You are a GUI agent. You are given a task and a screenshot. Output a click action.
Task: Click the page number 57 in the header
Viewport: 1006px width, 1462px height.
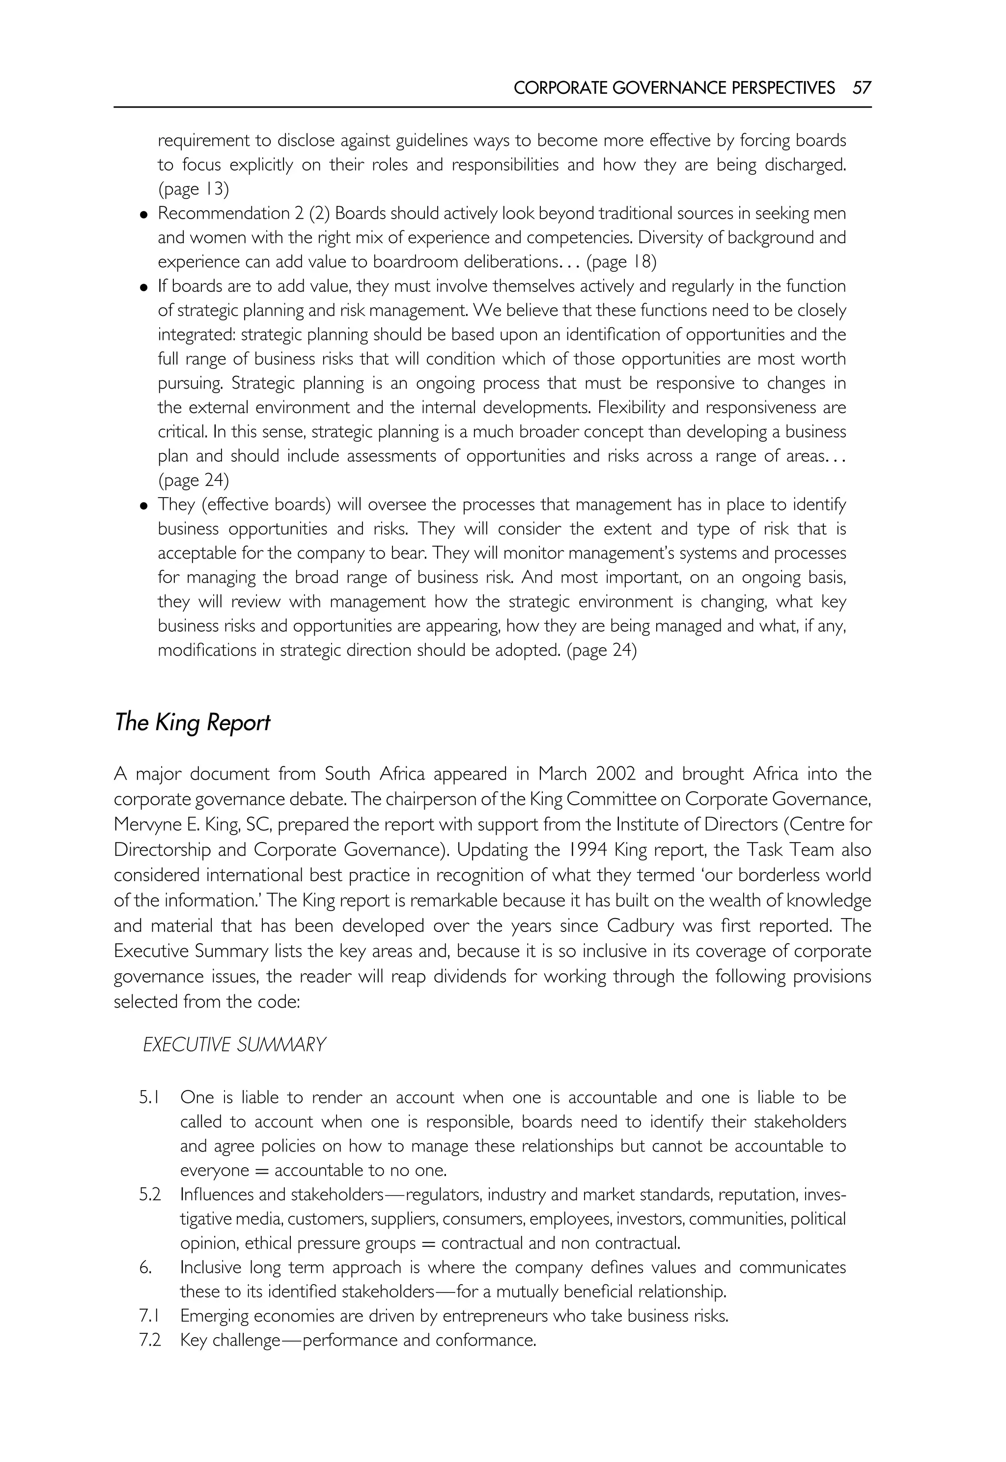point(862,87)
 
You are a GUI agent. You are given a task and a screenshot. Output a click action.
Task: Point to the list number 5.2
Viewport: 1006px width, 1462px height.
point(149,1195)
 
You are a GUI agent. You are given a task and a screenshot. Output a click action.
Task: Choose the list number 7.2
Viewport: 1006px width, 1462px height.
point(149,1340)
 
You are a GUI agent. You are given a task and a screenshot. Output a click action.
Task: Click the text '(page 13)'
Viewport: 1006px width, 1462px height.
point(193,189)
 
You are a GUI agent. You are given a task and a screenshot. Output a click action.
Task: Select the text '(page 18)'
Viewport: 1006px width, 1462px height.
point(621,262)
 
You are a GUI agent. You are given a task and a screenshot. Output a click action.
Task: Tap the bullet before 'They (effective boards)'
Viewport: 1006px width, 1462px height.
point(144,506)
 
